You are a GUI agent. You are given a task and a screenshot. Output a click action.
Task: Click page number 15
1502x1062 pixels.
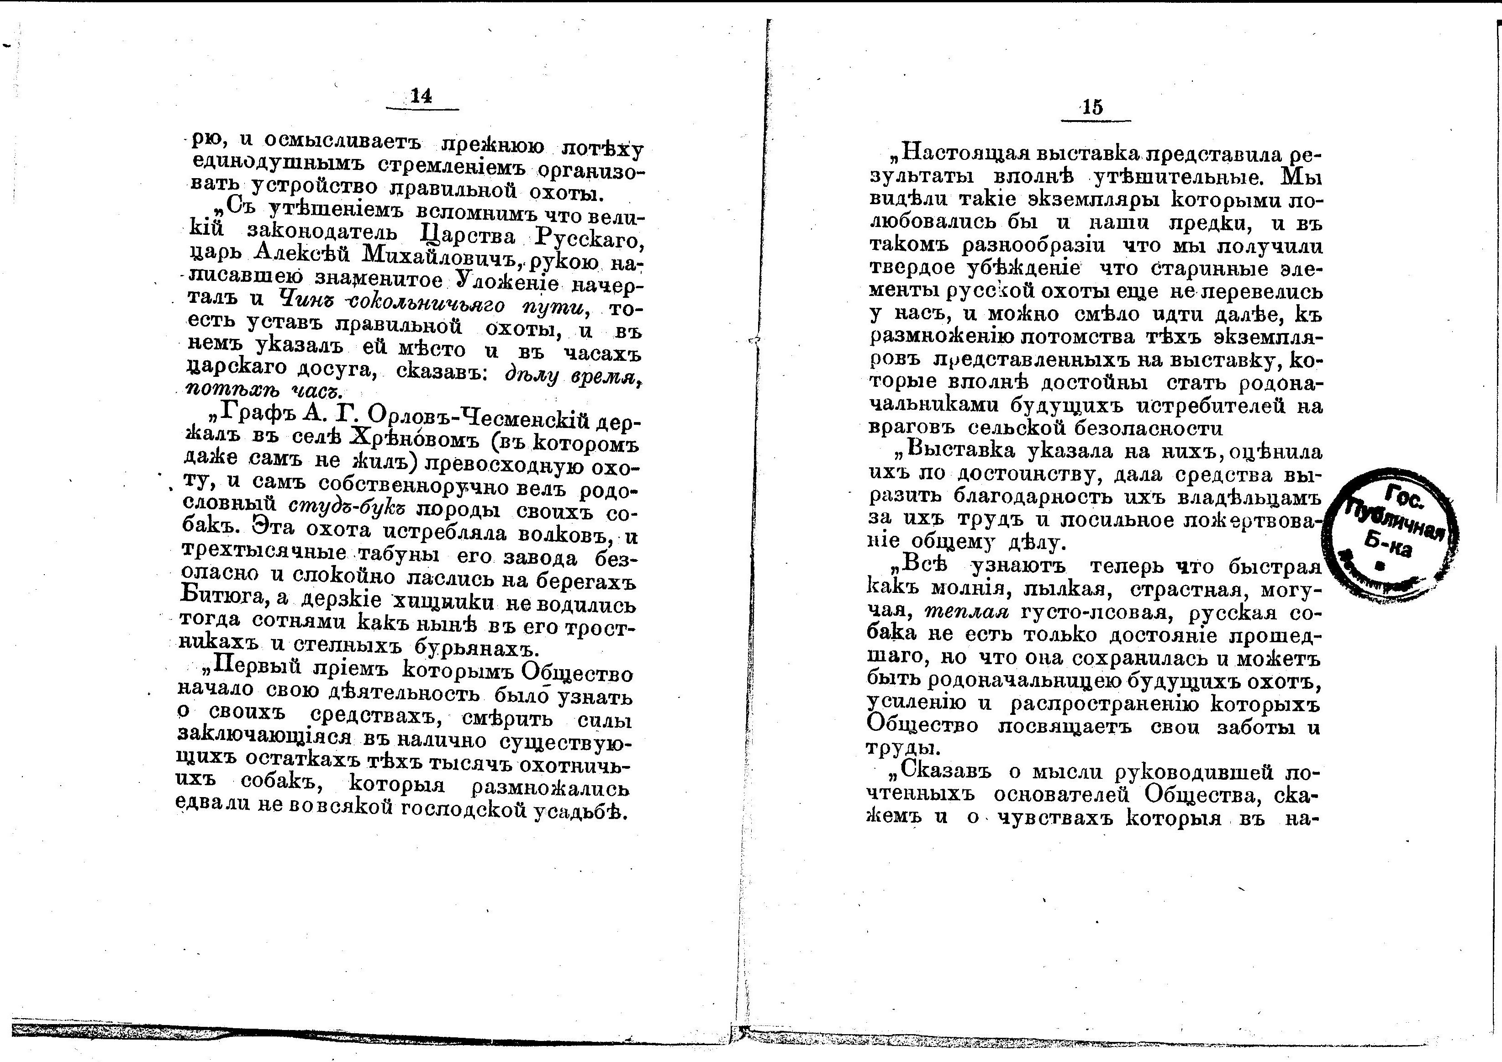[1092, 107]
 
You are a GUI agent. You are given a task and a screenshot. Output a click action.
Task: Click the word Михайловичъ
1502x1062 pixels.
[442, 256]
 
